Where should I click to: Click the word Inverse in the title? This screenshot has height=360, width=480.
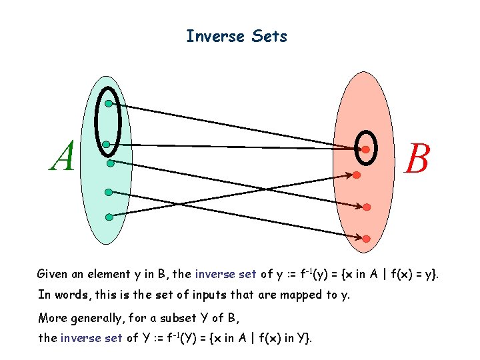click(215, 36)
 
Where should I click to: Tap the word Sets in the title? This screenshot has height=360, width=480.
click(270, 36)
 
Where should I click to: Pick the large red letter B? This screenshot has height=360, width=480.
click(416, 160)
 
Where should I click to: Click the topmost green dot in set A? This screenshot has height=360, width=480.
click(108, 104)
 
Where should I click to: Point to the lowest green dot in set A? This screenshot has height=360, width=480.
click(109, 216)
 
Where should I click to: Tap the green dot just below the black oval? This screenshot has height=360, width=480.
click(110, 163)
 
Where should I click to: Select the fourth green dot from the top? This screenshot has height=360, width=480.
click(108, 193)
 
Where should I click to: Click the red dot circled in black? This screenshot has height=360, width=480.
click(365, 149)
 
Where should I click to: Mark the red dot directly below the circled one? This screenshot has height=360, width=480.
click(357, 175)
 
